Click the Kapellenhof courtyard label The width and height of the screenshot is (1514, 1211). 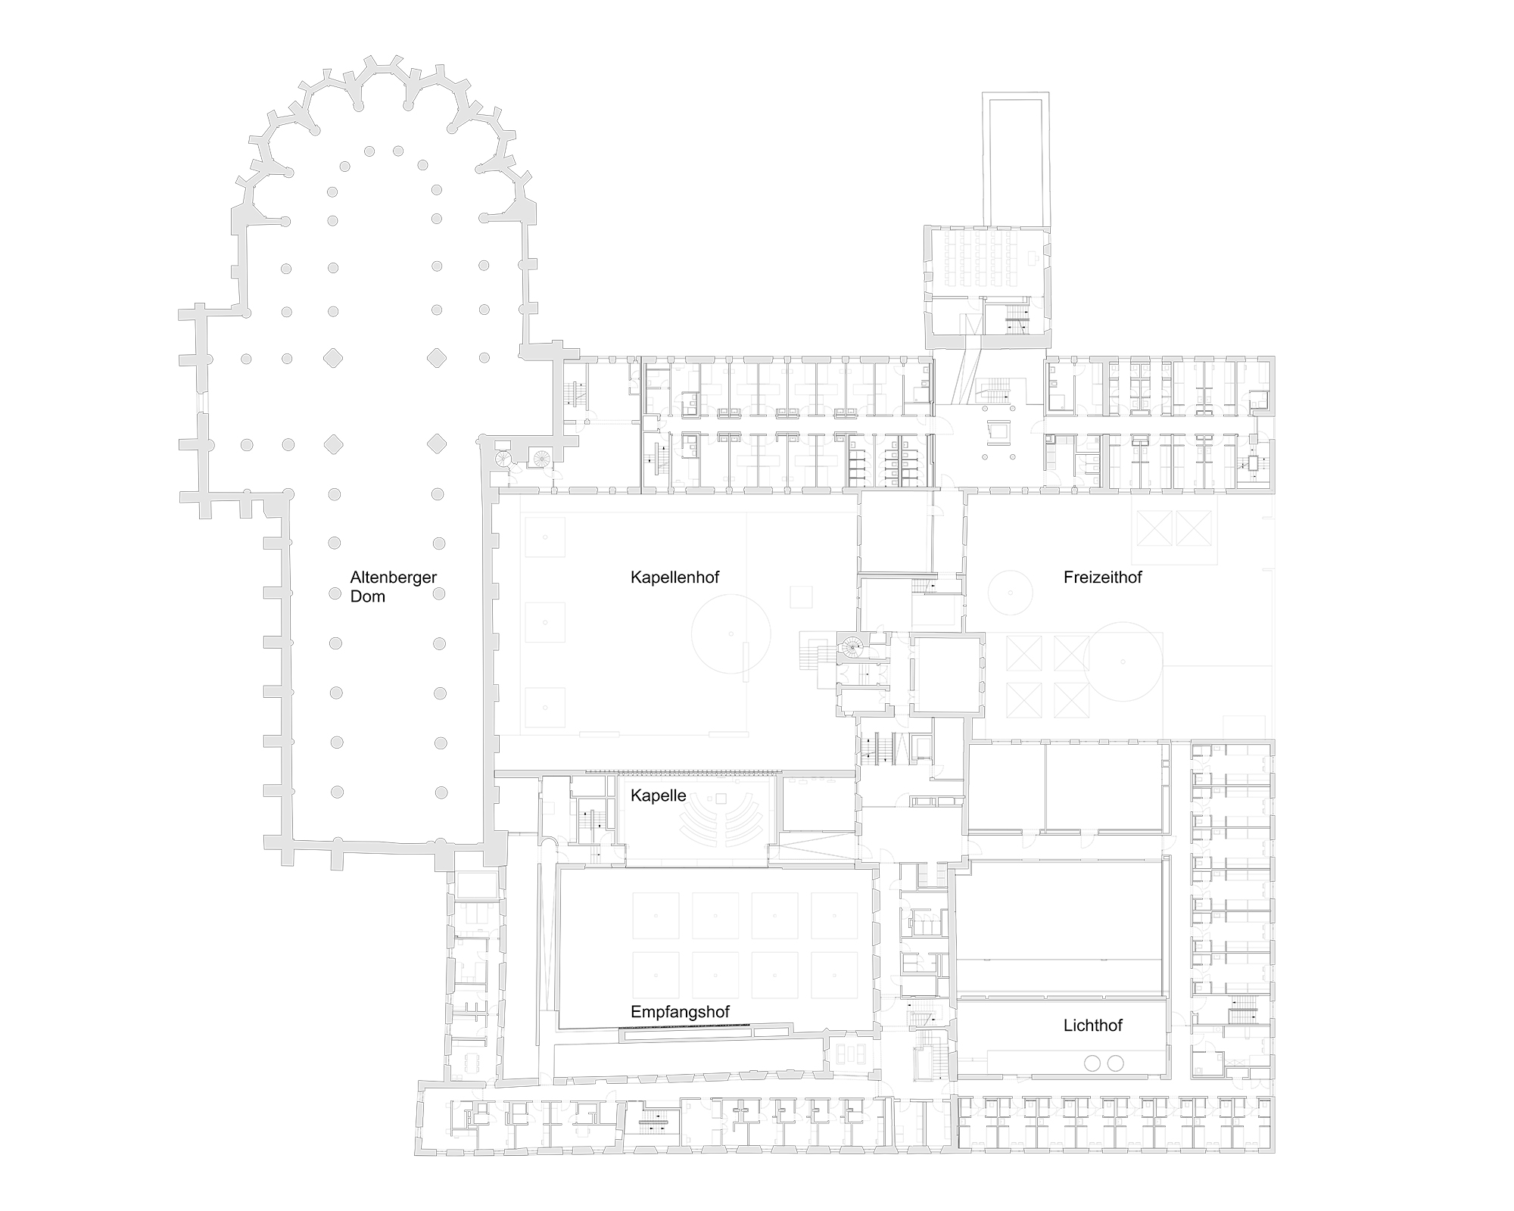[x=674, y=577]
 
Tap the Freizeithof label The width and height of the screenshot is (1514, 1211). [x=1102, y=577]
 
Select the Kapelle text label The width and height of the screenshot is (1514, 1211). [x=658, y=795]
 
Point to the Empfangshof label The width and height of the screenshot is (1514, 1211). [x=680, y=1012]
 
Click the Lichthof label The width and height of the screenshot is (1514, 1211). [x=1092, y=1026]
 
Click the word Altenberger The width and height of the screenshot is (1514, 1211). [x=393, y=577]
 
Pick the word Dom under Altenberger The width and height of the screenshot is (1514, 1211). [x=367, y=596]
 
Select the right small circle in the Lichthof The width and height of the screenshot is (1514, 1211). [x=1115, y=1063]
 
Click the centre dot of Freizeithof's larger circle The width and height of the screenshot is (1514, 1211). [x=1123, y=662]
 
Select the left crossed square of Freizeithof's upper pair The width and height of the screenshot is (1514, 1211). [x=1153, y=528]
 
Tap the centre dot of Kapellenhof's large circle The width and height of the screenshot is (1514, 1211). [x=731, y=634]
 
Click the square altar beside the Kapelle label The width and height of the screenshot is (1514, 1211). [x=721, y=799]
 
